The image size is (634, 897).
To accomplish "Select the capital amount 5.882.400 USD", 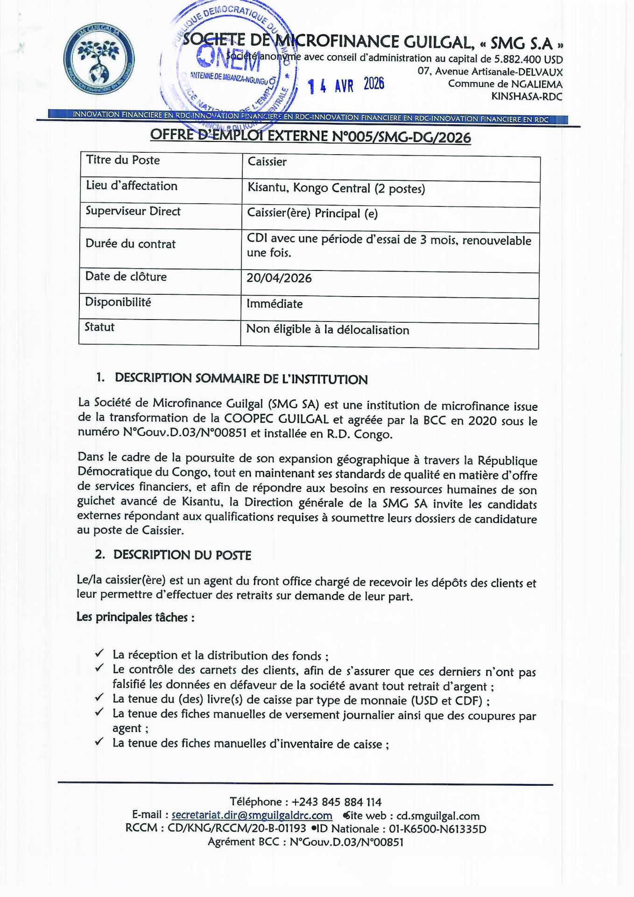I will pos(528,60).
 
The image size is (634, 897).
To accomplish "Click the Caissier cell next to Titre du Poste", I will pos(267,162).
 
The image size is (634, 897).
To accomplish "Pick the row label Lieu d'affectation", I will pos(131,186).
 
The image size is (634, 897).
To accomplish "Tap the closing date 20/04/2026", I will pos(279,278).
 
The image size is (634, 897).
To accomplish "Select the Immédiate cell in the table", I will pos(275,304).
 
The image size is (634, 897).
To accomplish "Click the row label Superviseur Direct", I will pos(133,211).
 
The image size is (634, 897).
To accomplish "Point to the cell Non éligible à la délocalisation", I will pos(327,329).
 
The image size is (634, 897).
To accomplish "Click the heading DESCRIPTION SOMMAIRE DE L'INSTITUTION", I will pos(241,379).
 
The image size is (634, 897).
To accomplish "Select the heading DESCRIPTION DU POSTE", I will pos(182,555).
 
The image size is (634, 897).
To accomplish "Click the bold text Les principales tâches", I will pos(135,617).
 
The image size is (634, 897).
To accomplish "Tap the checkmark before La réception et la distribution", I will pos(99,653).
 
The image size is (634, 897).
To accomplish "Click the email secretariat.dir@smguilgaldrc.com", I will pos(252,816).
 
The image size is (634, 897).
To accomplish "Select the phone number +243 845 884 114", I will pos(336,802).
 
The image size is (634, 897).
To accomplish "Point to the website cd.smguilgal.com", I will pos(437,816).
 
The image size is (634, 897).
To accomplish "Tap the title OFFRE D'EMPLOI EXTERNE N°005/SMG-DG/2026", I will pos(310,136).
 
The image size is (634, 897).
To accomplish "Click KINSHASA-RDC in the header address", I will pos(527,97).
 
